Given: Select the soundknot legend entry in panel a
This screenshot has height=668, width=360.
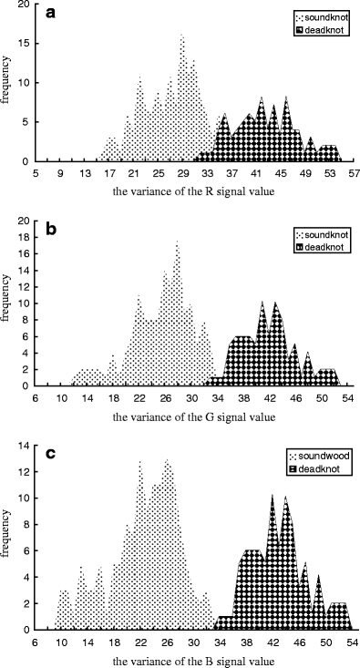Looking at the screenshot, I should (318, 17).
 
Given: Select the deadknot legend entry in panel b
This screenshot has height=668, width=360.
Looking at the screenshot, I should (318, 246).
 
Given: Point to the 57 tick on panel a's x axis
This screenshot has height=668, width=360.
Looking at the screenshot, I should (352, 171).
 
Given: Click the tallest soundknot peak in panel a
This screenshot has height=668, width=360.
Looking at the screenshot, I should (181, 36).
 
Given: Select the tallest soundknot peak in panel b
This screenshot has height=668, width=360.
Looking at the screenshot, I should (177, 241).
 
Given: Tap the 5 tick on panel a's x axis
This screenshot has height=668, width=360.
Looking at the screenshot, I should (36, 171).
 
